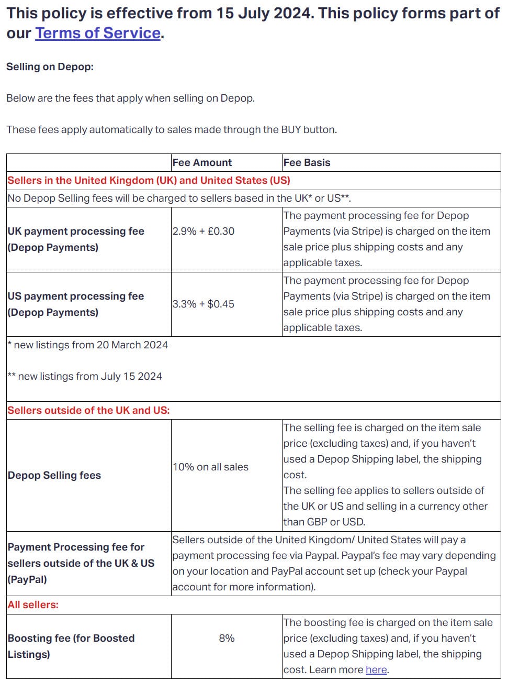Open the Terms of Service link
98,33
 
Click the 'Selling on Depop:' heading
50,67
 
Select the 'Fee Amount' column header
202,162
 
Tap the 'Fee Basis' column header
307,162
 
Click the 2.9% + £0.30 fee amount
204,231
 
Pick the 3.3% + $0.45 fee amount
204,304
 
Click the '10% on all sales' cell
210,467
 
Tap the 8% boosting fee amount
227,638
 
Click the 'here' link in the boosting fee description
376,669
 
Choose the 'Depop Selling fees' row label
54,475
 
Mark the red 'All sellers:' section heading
33,605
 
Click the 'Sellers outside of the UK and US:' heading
88,410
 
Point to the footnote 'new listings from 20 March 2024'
91,345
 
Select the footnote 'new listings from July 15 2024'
89,376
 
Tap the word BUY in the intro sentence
290,129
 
